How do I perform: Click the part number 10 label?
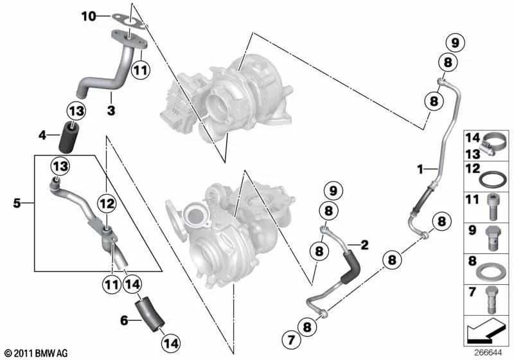tap(89, 15)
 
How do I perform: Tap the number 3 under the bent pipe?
tap(111, 110)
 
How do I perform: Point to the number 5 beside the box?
tap(17, 203)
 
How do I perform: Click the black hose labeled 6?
tap(150, 314)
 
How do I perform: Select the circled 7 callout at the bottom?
tap(291, 339)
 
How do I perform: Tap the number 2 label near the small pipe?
tap(364, 244)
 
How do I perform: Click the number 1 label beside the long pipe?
tap(420, 169)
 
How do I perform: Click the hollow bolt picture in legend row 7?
tap(491, 300)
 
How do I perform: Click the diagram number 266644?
tap(488, 353)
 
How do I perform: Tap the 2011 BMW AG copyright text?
tap(37, 354)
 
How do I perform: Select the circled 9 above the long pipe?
tap(456, 42)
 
